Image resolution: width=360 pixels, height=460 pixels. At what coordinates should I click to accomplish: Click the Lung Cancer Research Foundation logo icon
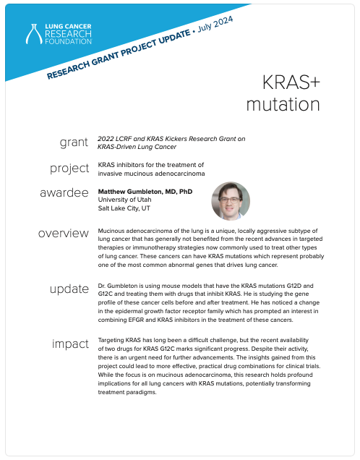pyautogui.click(x=33, y=34)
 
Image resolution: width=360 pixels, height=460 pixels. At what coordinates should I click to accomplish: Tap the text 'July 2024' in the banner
pyautogui.click(x=215, y=24)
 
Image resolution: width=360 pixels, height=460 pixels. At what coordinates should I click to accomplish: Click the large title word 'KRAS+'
pyautogui.click(x=291, y=82)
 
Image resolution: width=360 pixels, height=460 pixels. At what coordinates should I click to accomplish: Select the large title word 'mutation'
pyautogui.click(x=283, y=104)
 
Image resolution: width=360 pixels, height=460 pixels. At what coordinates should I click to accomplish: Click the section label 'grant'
pyautogui.click(x=74, y=142)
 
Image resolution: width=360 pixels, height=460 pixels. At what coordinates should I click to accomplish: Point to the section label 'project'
pyautogui.click(x=69, y=169)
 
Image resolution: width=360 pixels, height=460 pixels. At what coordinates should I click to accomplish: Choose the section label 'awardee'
pyautogui.click(x=64, y=192)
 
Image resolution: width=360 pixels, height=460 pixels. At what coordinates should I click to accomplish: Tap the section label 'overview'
pyautogui.click(x=64, y=233)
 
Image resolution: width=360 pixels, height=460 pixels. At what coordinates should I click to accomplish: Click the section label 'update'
pyautogui.click(x=69, y=289)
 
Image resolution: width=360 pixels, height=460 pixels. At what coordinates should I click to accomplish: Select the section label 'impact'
pyautogui.click(x=70, y=344)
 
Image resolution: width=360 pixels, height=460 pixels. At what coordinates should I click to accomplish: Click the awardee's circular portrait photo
pyautogui.click(x=231, y=201)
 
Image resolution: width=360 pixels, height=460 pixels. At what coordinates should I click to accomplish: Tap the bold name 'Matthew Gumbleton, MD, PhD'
pyautogui.click(x=145, y=192)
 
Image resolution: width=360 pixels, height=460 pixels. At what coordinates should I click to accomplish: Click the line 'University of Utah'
pyautogui.click(x=124, y=200)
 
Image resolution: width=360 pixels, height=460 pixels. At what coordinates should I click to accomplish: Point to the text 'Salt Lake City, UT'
pyautogui.click(x=124, y=208)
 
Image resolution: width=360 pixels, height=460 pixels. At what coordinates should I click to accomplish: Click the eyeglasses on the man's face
pyautogui.click(x=230, y=200)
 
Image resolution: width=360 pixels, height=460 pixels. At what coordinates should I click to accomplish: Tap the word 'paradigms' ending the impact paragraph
pyautogui.click(x=141, y=393)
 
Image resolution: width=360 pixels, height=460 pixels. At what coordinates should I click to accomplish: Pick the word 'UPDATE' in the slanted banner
pyautogui.click(x=174, y=39)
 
